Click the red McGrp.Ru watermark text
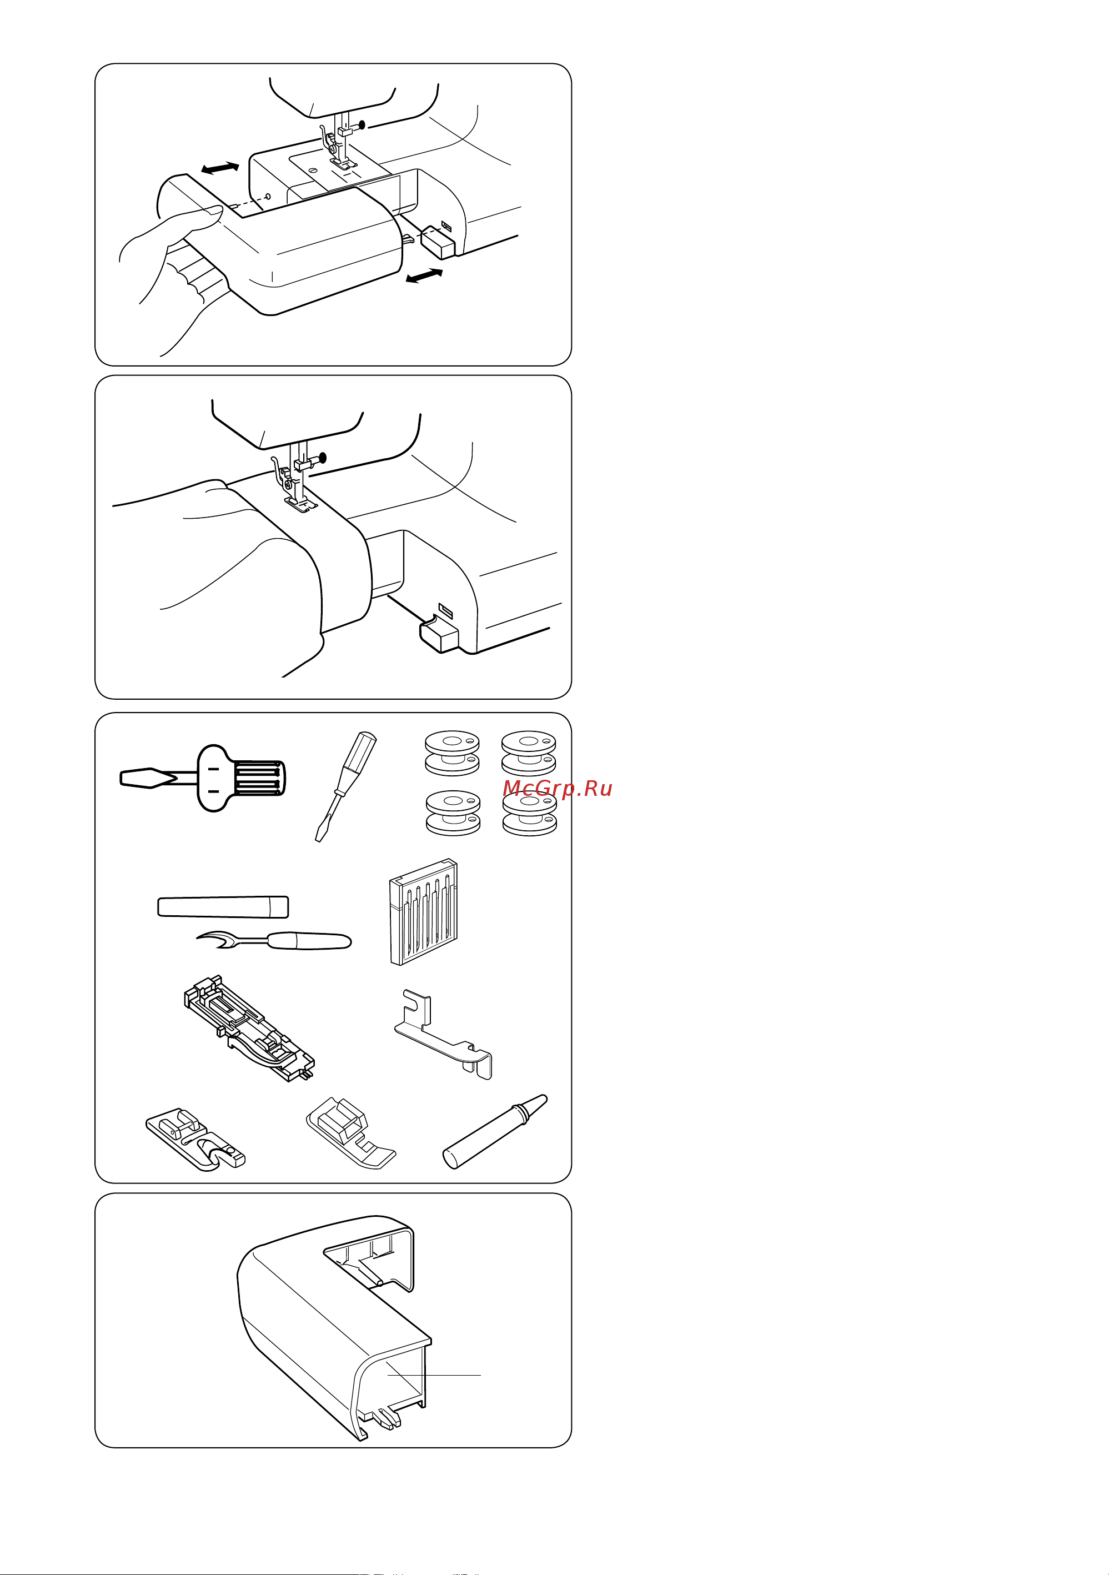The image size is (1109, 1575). click(557, 789)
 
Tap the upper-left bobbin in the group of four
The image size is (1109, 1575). click(453, 753)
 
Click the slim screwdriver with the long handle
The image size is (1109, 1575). click(345, 784)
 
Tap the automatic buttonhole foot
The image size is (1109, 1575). click(248, 1027)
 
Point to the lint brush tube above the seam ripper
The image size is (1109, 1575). click(223, 906)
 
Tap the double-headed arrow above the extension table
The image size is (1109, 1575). click(220, 168)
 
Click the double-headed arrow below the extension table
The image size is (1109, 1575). click(424, 276)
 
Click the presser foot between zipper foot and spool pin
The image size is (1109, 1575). click(350, 1132)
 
